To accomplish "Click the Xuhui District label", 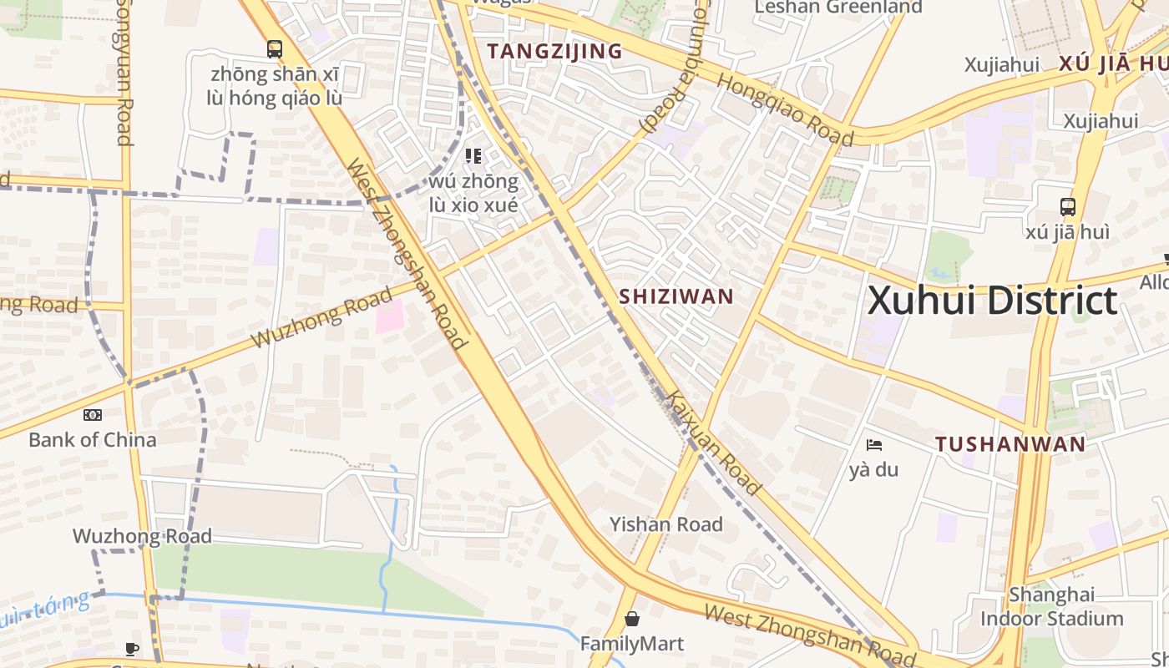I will tap(992, 301).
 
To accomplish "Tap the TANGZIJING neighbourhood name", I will tap(554, 51).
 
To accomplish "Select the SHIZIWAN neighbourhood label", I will tap(676, 296).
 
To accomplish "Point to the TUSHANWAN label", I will tap(1010, 444).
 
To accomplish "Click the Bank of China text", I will tap(92, 439).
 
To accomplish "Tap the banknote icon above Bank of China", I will tap(92, 415).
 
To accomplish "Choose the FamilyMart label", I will tap(632, 644).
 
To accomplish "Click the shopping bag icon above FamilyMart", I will tap(632, 619).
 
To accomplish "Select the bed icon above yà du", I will tap(874, 445).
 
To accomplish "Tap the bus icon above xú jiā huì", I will tap(1067, 207).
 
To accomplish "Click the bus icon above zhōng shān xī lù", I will tap(275, 49).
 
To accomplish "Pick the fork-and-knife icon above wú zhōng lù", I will tap(473, 156).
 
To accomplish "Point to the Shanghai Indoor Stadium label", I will tap(1051, 606).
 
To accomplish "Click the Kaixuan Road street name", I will tap(715, 444).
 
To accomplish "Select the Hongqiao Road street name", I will tap(784, 109).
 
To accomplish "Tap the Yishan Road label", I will tap(665, 524).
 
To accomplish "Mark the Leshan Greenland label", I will tap(838, 8).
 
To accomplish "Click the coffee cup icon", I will tap(131, 649).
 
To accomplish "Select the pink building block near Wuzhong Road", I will tap(389, 316).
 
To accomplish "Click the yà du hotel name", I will tap(873, 469).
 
